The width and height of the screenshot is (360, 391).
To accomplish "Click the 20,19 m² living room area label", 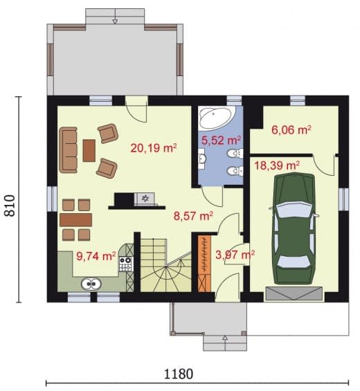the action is point(154,148).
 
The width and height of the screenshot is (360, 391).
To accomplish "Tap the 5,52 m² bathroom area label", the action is point(221,140).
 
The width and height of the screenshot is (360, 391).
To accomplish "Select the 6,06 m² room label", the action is point(291,129).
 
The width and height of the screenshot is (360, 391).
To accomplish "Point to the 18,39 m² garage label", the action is point(277,165).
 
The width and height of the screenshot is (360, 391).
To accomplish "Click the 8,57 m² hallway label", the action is point(193,216).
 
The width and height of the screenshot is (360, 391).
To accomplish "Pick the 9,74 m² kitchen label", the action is point(96,256).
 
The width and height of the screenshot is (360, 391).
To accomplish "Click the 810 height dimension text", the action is point(10,206).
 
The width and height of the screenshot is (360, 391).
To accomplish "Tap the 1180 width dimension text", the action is point(179,374).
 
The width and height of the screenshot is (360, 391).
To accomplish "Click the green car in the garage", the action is point(294,228).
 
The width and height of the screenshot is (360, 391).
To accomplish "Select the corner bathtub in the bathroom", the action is point(217,118).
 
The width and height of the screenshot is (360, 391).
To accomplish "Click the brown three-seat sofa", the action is point(69,150).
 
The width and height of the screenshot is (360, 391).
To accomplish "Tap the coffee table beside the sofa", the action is point(89,151).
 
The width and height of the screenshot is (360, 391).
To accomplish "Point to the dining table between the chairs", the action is point(76,220).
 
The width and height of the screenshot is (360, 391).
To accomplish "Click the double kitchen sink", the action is point(91,284).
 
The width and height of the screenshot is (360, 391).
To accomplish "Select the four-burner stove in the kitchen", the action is point(125,264).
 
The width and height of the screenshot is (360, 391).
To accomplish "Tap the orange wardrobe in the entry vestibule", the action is point(204,264).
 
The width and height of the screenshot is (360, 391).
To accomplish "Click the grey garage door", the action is point(294,293).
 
